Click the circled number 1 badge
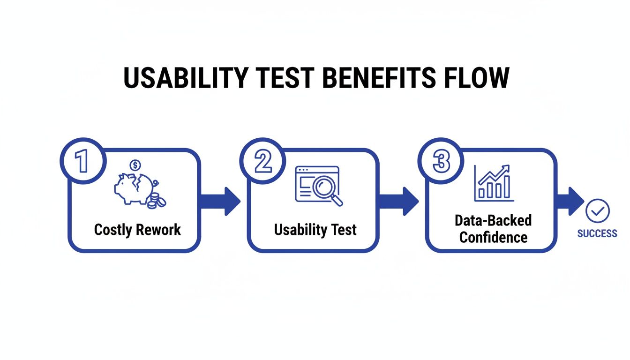82,161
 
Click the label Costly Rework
137,230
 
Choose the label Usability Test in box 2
315,230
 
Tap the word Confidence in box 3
493,237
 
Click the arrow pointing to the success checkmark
571,202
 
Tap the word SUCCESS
597,233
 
